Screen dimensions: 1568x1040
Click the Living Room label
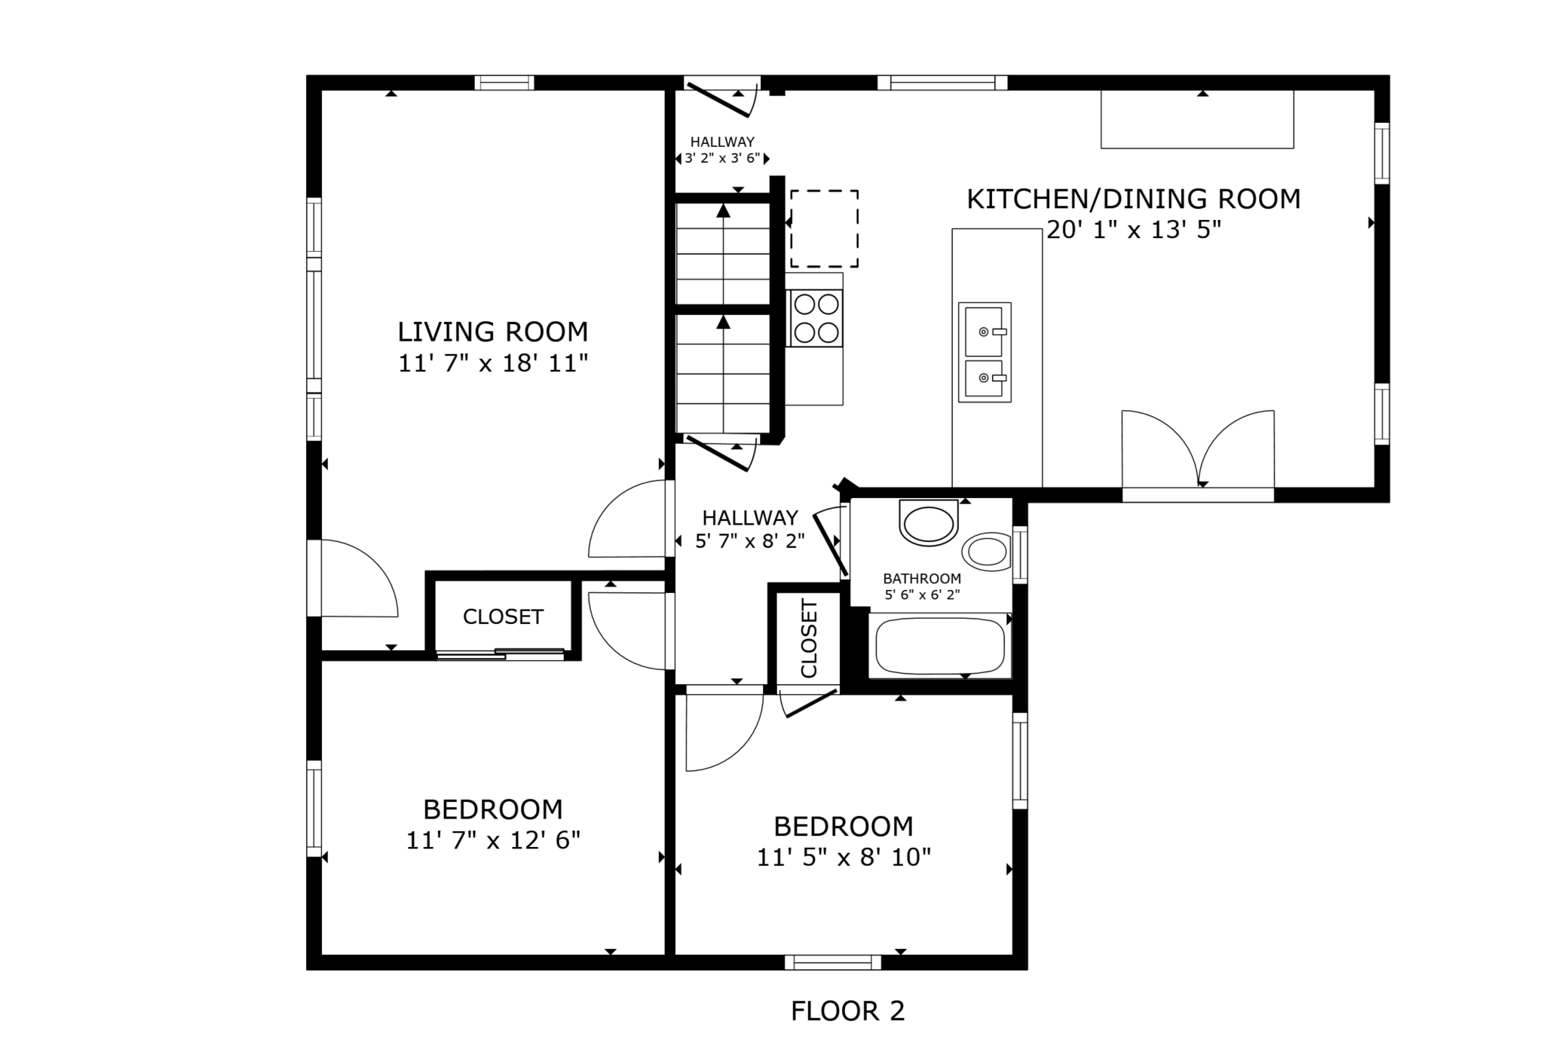(x=493, y=332)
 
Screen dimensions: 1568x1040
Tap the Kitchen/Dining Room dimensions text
(x=1134, y=229)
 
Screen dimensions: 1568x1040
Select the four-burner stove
(x=815, y=318)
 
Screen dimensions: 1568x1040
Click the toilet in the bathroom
(x=929, y=522)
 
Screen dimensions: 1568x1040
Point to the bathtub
(x=940, y=646)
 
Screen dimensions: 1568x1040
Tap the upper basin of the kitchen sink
(x=985, y=331)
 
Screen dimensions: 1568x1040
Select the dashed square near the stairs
(x=824, y=228)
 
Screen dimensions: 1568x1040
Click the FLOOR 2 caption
(x=847, y=1011)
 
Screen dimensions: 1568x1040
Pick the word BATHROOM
(x=922, y=579)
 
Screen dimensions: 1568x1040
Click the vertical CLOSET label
(x=809, y=638)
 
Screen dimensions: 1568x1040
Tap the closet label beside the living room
(x=503, y=616)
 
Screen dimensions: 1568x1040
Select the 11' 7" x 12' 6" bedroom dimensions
(x=493, y=840)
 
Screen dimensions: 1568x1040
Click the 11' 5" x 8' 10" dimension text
(x=844, y=857)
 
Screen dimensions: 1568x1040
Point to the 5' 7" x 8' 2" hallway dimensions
(x=750, y=540)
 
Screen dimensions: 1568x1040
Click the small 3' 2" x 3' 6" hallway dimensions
(x=722, y=158)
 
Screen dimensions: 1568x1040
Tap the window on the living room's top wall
(x=504, y=83)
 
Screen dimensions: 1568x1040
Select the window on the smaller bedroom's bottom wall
(x=833, y=962)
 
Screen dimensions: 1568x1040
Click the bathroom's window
(x=1020, y=555)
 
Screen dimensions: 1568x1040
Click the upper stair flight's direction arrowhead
(x=724, y=210)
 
